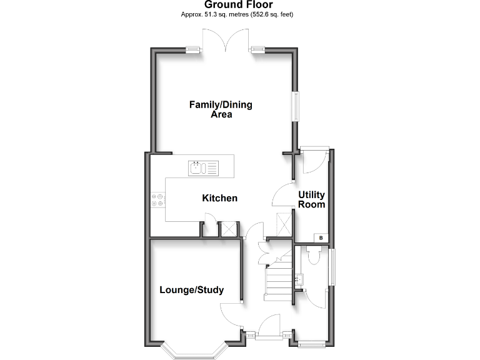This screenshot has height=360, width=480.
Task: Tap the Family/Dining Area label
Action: [x=221, y=109]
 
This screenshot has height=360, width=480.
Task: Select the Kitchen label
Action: [x=219, y=198]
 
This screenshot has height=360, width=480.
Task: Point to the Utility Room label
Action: [x=311, y=199]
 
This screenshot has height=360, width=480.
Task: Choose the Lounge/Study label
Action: [x=191, y=290]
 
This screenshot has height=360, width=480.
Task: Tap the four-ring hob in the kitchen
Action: [x=157, y=199]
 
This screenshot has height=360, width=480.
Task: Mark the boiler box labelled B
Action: [x=321, y=238]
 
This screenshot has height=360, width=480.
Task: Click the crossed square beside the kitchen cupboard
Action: [x=229, y=229]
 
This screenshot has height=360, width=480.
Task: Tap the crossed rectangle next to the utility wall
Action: [x=284, y=224]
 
